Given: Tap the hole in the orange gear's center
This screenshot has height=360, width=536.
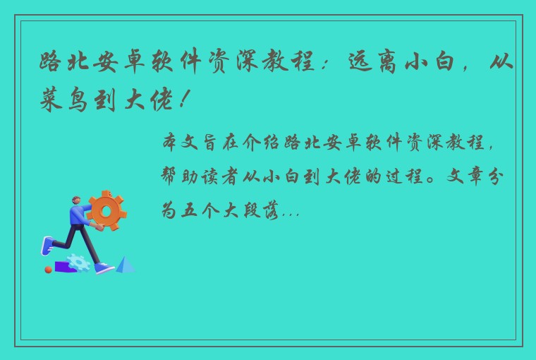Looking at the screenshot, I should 107,210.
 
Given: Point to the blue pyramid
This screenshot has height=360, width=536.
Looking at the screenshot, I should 126,265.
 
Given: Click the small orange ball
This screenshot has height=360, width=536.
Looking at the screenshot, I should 48,269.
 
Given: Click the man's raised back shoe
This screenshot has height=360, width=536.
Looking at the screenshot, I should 47,245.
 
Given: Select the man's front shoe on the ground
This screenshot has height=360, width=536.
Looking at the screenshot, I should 104,268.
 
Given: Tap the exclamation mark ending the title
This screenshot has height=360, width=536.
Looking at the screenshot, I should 185,100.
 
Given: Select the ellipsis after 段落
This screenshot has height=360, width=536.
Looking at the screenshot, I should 290,211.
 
